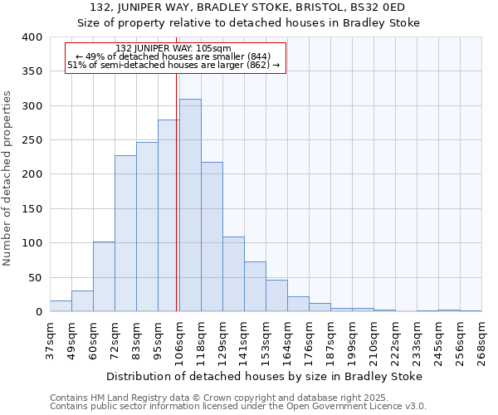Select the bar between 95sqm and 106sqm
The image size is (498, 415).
coord(168,216)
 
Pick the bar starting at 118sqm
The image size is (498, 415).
coord(212,237)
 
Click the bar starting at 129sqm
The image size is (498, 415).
coord(233,274)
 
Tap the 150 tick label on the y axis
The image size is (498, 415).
coord(32,209)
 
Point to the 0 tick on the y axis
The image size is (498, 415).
coord(38,312)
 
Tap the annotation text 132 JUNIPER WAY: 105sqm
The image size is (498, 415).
coord(173,49)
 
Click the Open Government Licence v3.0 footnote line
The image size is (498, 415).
coord(238,406)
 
